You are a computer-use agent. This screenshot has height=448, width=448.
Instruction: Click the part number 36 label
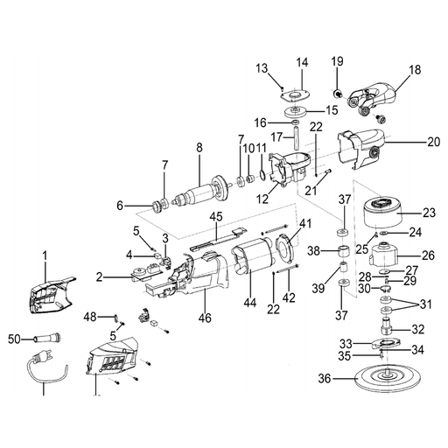pyautogui.click(x=325, y=379)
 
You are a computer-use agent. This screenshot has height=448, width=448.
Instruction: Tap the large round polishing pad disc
pyautogui.click(x=387, y=378)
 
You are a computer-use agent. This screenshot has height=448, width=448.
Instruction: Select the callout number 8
pyautogui.click(x=199, y=148)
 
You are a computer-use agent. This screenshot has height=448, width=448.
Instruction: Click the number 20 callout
pyautogui.click(x=434, y=142)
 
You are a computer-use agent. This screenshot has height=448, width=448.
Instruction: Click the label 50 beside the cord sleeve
pyautogui.click(x=15, y=339)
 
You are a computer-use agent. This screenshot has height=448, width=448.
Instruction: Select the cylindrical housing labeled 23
pyautogui.click(x=382, y=212)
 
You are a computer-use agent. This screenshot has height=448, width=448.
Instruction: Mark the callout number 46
pyautogui.click(x=205, y=318)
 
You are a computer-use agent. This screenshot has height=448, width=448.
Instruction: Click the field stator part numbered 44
pyautogui.click(x=253, y=256)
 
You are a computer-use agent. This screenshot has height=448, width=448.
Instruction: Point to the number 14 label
pyautogui.click(x=302, y=62)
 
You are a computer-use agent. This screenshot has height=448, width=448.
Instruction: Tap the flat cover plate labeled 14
pyautogui.click(x=293, y=95)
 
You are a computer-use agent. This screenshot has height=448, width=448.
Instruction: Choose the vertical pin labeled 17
pyautogui.click(x=297, y=137)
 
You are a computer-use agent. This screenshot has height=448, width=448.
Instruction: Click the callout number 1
pyautogui.click(x=45, y=256)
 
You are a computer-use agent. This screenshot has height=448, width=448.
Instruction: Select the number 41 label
pyautogui.click(x=305, y=224)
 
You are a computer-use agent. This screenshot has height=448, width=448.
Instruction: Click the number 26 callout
pyautogui.click(x=429, y=255)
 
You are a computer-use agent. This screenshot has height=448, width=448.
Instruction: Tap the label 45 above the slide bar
pyautogui.click(x=216, y=217)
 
